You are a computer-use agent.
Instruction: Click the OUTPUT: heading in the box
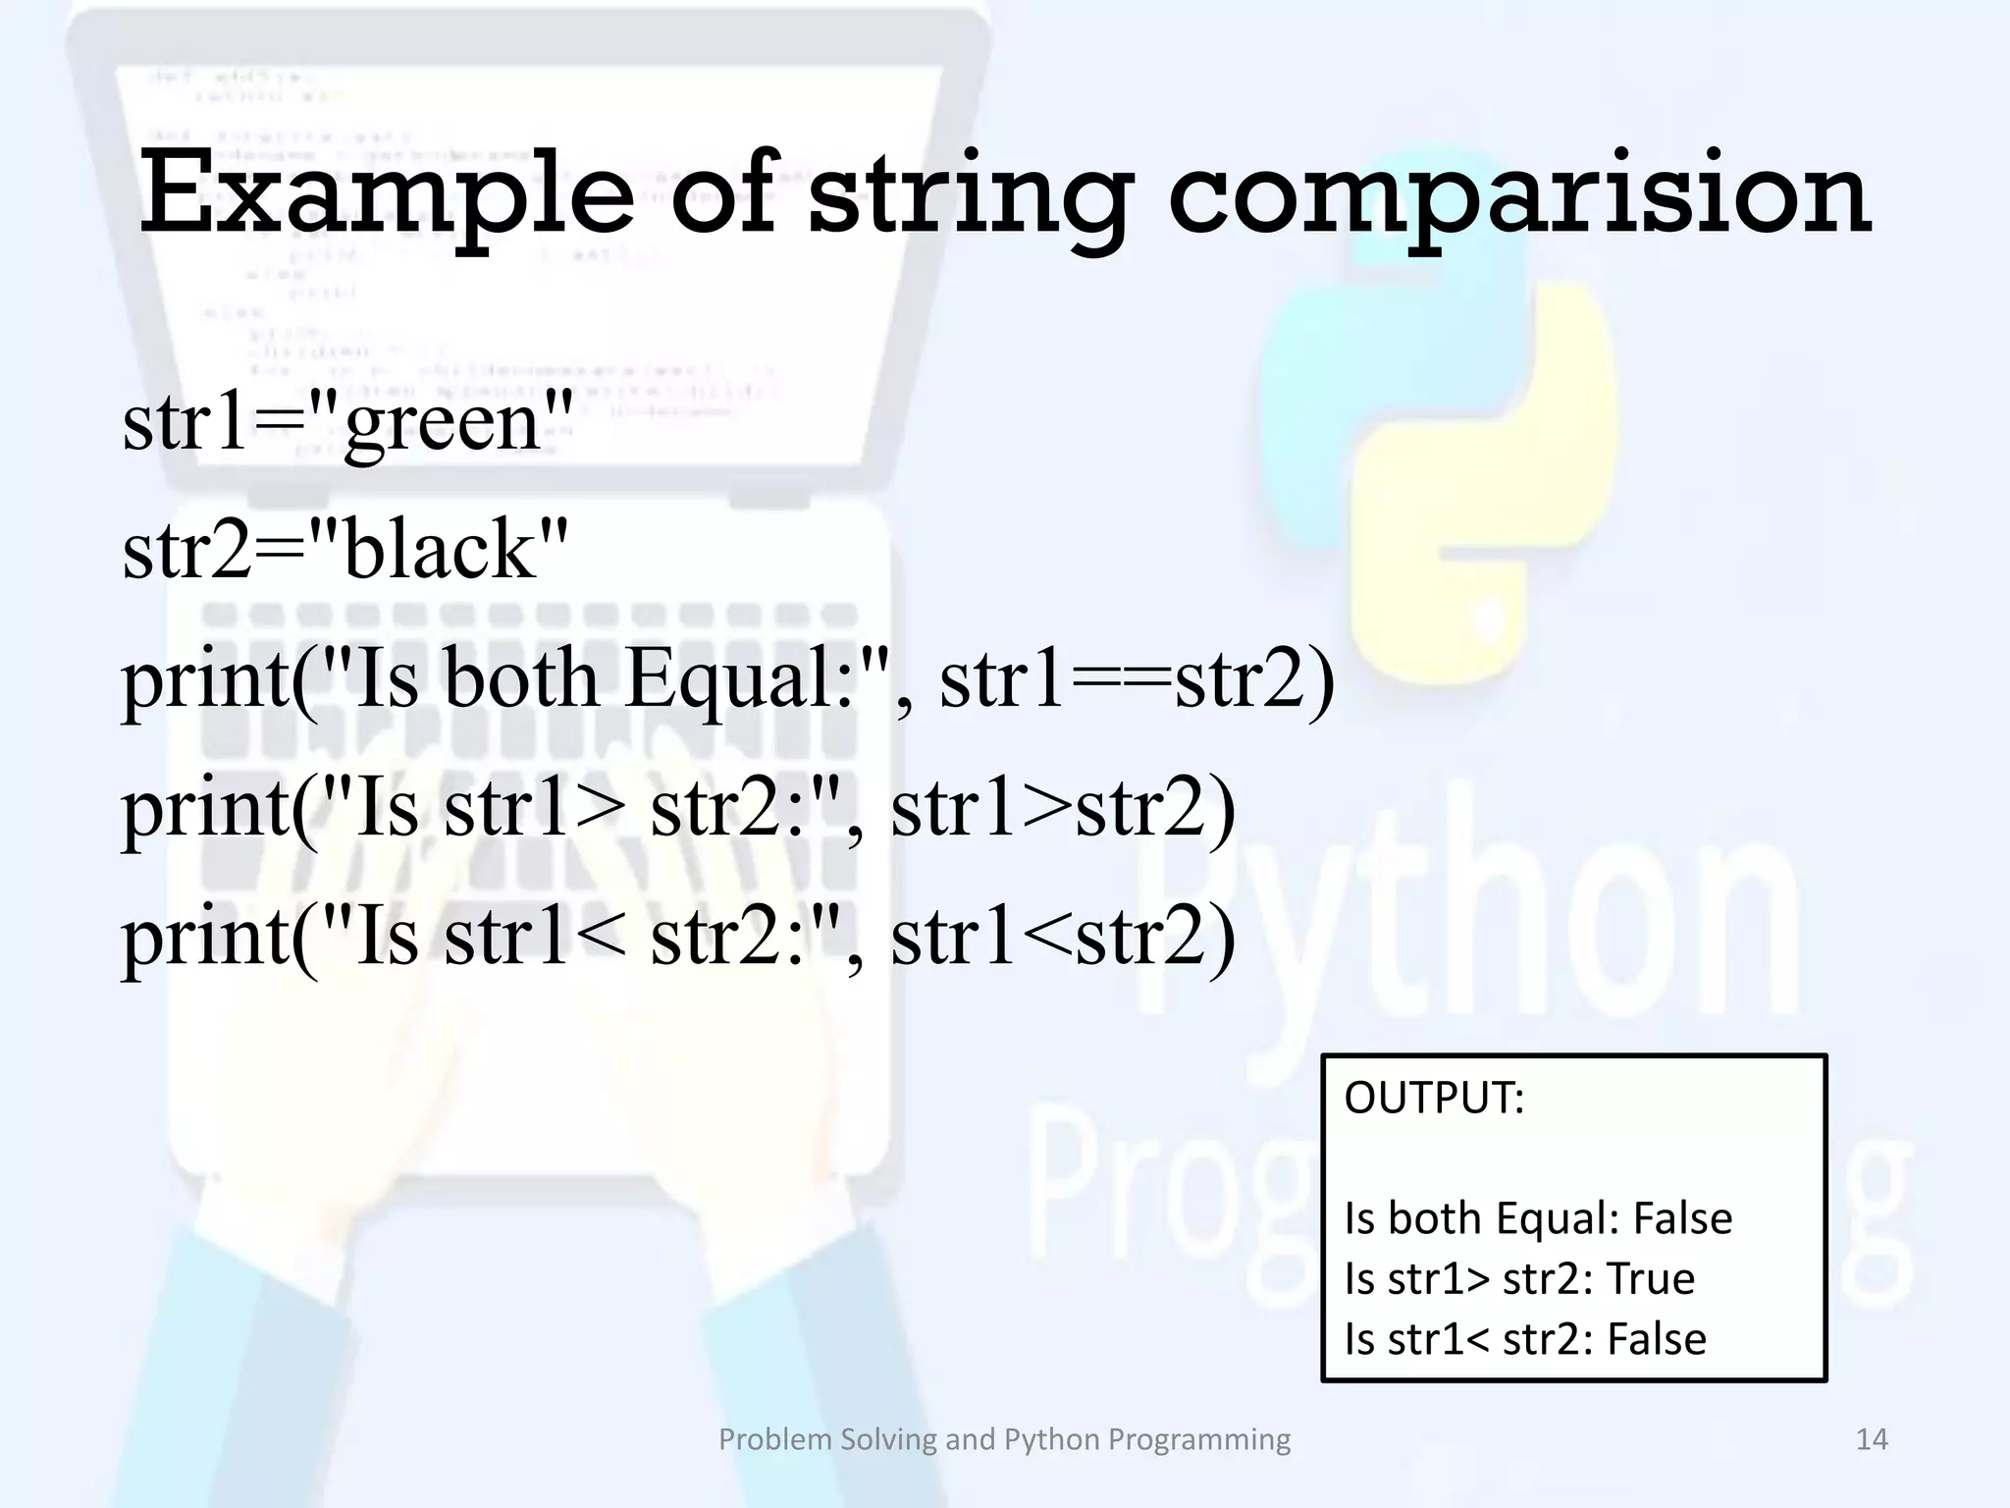pyautogui.click(x=1434, y=1098)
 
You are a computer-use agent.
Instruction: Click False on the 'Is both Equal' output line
pyautogui.click(x=1682, y=1218)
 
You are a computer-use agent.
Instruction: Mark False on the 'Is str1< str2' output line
pyautogui.click(x=1657, y=1339)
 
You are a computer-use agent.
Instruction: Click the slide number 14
pyautogui.click(x=1872, y=1439)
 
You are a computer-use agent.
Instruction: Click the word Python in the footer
pyautogui.click(x=1051, y=1440)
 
